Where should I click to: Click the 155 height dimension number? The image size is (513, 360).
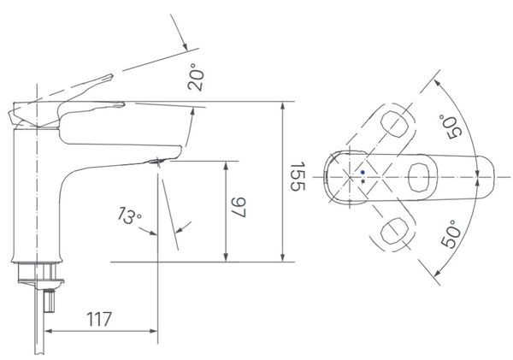point(298,176)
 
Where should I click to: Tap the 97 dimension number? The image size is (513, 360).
point(239,207)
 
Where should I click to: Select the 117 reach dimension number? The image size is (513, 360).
point(99,319)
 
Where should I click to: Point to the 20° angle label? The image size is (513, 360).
point(195,77)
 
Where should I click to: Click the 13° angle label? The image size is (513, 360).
point(129,215)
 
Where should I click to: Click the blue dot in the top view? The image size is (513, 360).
point(363,172)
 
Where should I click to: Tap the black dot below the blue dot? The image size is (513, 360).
point(363,181)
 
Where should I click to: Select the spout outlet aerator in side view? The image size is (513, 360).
point(156,161)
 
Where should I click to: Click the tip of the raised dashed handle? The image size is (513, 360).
point(112,75)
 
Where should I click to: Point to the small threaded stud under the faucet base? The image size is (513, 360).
point(49,301)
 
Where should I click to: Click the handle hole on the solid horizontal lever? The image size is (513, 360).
point(418,177)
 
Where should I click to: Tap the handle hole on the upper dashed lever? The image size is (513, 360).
point(395,124)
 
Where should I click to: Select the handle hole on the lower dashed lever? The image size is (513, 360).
point(394,230)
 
